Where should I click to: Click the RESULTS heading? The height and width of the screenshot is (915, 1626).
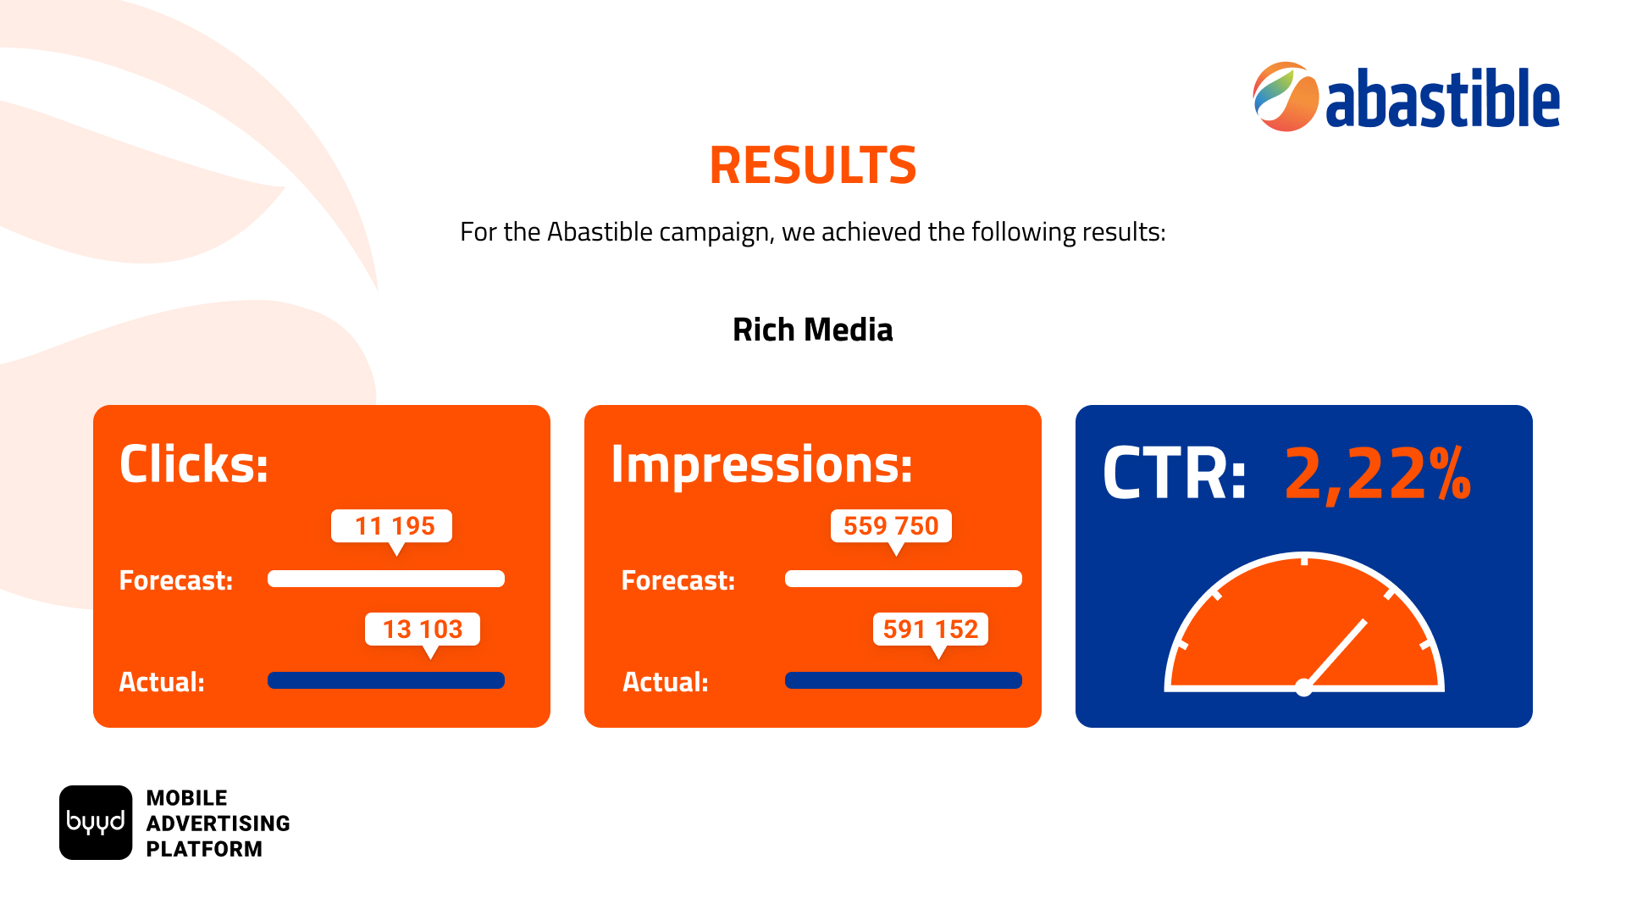813,165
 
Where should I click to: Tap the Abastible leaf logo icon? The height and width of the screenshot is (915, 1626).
1286,97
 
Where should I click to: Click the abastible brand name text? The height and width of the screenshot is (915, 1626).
1443,98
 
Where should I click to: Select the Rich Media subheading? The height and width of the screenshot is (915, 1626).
813,330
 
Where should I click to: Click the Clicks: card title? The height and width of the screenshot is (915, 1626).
194,464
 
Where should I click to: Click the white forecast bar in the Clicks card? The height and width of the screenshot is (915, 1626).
386,579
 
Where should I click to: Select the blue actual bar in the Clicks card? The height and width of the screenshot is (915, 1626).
386,680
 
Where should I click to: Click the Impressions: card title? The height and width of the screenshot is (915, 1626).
762,465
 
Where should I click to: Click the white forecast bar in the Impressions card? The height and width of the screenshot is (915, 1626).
904,579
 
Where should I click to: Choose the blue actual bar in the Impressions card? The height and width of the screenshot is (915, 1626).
904,680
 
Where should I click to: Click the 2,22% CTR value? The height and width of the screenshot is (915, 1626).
1378,474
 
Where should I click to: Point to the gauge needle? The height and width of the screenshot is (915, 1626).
1336,652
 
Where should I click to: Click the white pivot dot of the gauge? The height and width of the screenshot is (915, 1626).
1304,688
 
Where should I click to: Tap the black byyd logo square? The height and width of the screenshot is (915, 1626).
96,823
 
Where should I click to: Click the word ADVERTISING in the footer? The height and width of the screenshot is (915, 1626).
218,823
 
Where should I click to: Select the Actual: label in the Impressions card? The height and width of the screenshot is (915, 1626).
666,682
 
